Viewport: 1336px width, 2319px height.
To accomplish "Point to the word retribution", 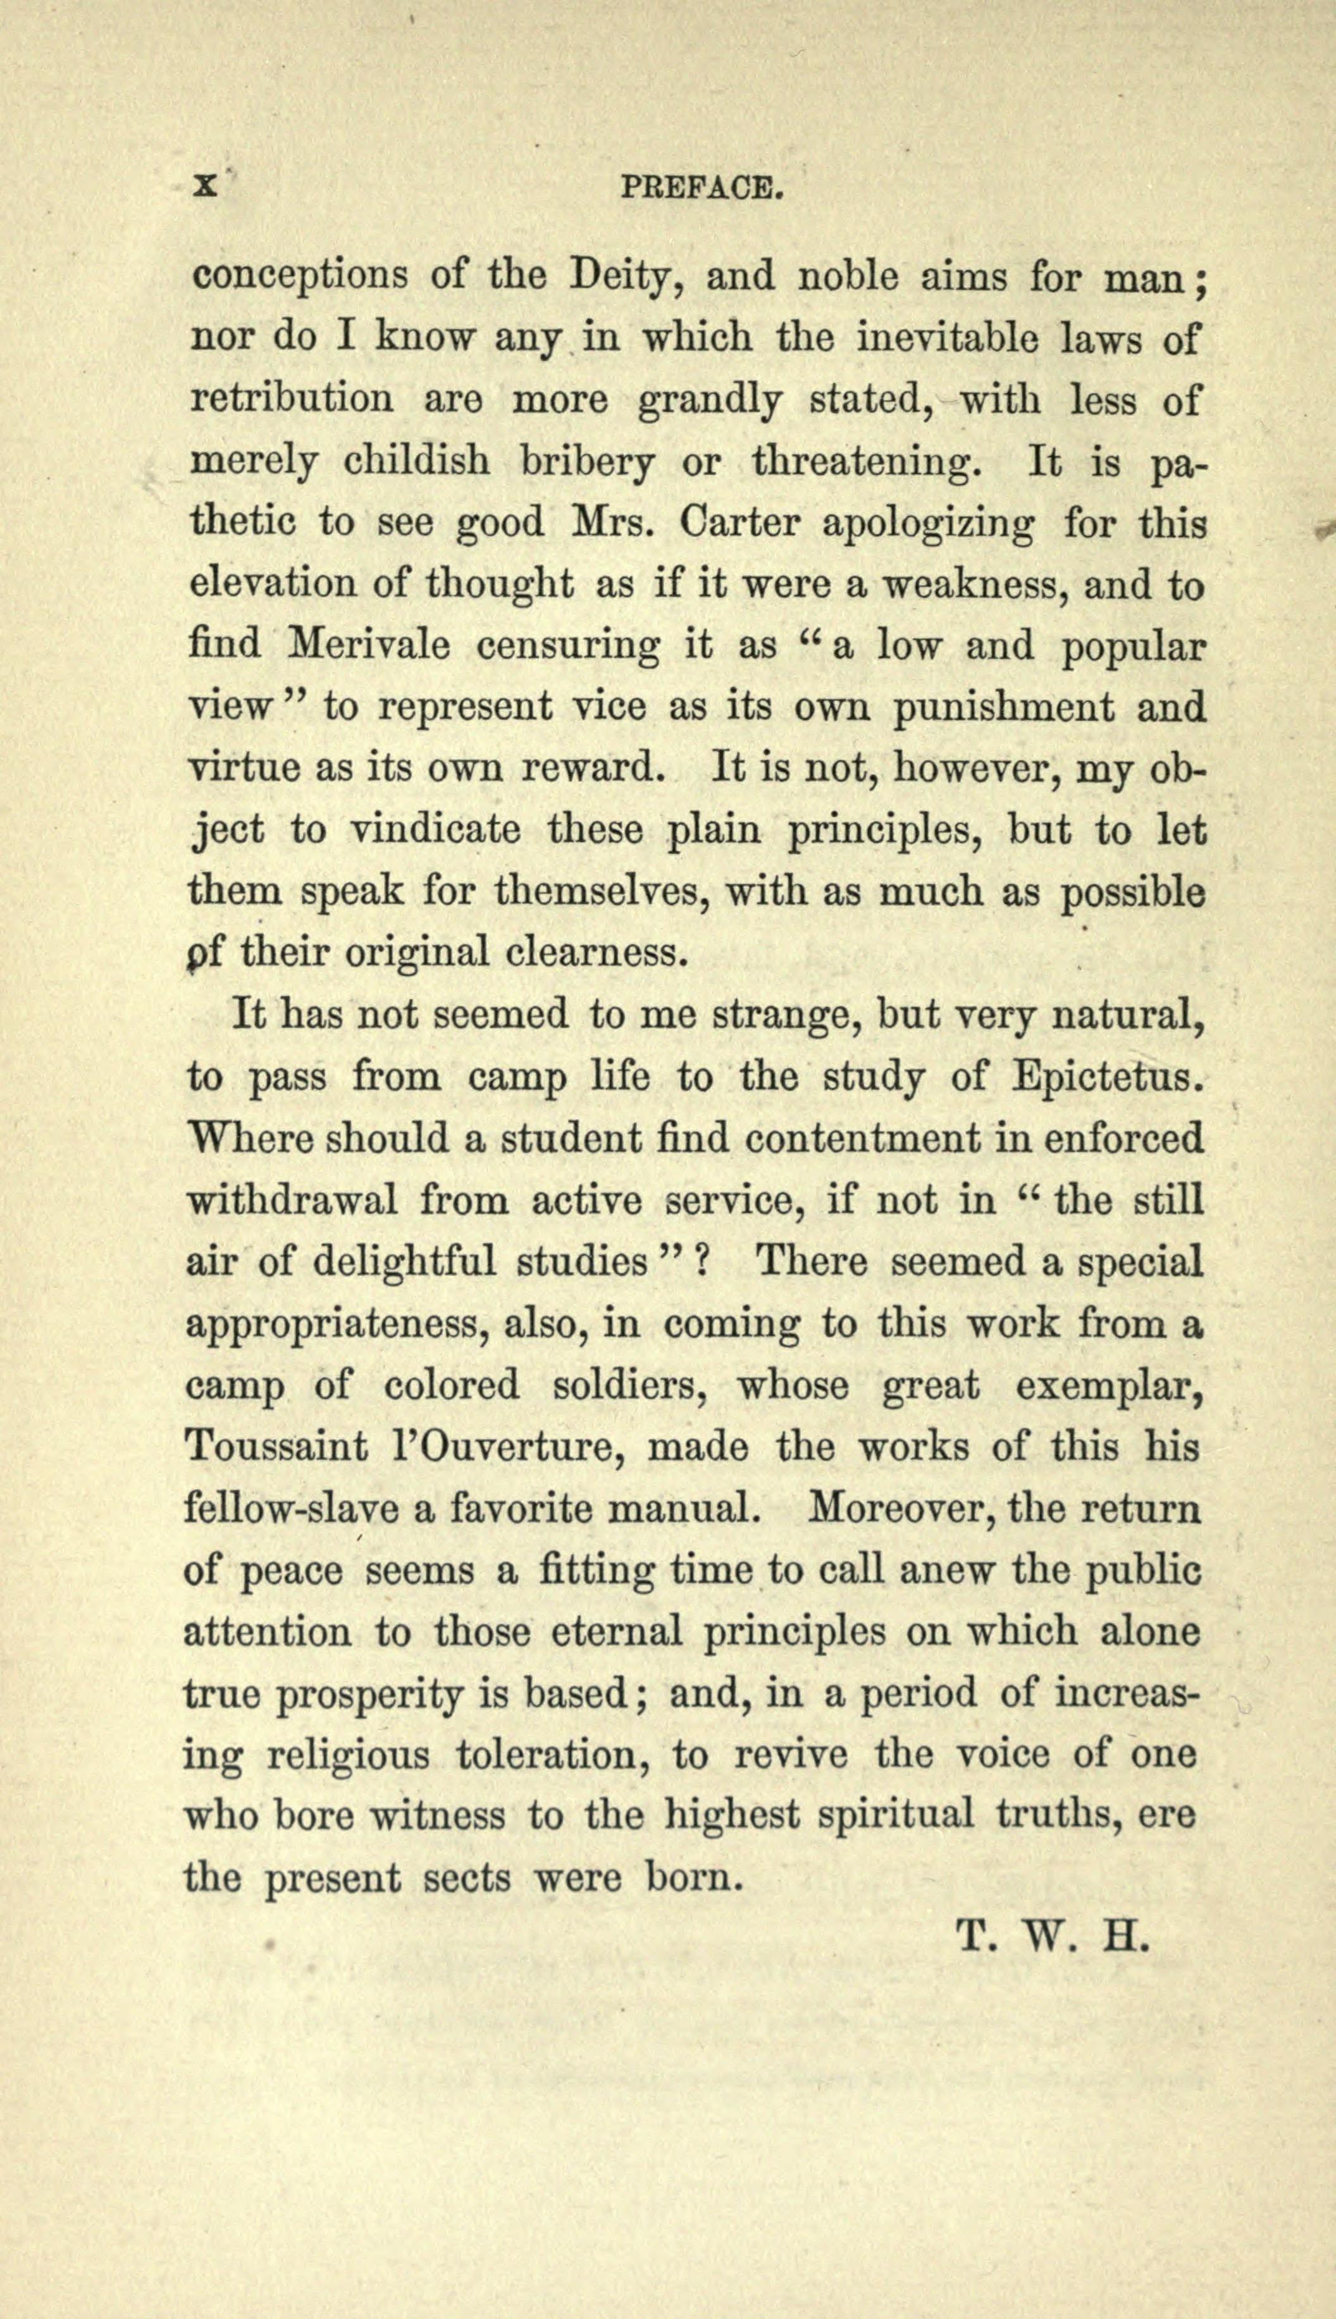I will pyautogui.click(x=292, y=400).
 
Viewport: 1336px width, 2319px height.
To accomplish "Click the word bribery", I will pyautogui.click(x=587, y=462).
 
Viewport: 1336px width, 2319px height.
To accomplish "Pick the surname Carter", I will pyautogui.click(x=739, y=523).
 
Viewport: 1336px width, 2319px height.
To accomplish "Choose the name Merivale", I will pyautogui.click(x=369, y=645).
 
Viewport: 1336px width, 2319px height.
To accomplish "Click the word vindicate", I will pyautogui.click(x=436, y=830).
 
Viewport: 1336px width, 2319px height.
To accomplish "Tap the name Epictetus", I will pyautogui.click(x=1106, y=1077).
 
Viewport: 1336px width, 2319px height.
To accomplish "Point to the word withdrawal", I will pyautogui.click(x=292, y=1200).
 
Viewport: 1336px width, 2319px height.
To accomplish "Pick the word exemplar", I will pyautogui.click(x=1108, y=1385).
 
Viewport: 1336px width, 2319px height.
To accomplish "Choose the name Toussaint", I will pyautogui.click(x=276, y=1447).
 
